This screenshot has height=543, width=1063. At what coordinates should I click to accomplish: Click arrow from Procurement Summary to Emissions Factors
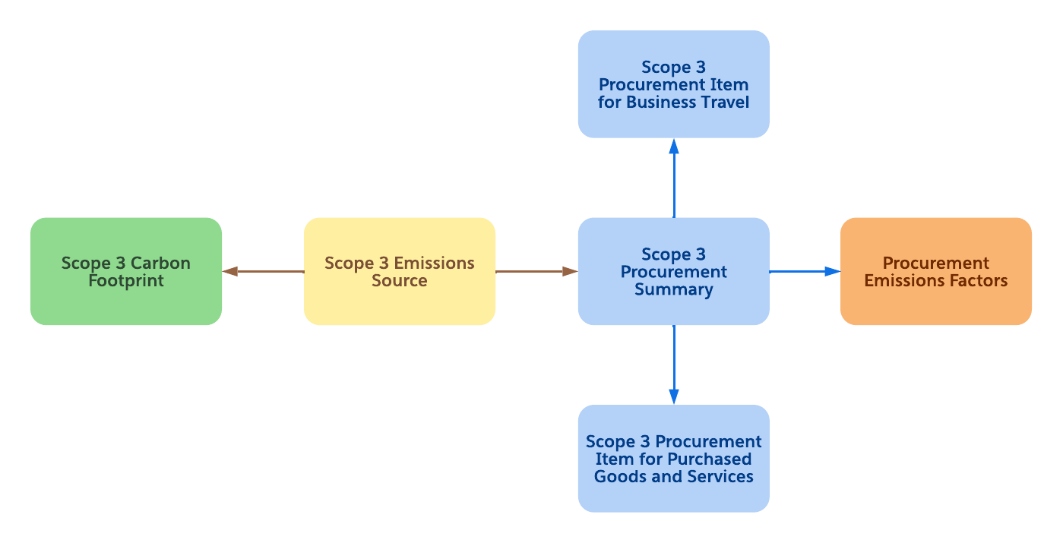point(804,271)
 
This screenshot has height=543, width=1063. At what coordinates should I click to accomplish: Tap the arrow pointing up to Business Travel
point(674,178)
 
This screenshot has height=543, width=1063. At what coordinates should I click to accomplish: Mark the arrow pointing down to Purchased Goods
point(674,365)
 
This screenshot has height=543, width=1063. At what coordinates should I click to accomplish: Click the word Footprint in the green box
point(126,281)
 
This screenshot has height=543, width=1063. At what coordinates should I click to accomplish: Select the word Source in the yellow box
point(400,281)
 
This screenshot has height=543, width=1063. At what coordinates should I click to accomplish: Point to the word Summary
point(673,289)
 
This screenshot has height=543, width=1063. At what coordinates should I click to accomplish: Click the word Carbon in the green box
point(160,264)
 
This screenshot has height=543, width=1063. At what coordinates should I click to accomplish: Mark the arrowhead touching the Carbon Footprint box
point(230,271)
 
